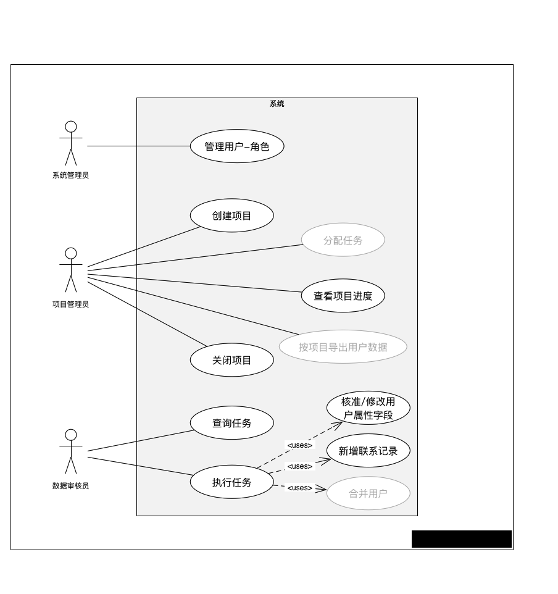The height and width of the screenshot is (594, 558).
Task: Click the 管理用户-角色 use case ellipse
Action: pos(237,146)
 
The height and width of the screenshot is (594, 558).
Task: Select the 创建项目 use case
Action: pos(231,215)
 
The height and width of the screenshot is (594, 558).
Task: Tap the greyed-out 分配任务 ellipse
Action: pos(343,240)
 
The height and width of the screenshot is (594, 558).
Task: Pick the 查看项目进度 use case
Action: pos(343,296)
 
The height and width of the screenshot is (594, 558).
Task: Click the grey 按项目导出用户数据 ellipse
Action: pos(343,347)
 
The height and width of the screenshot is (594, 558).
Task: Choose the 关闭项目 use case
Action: pos(231,360)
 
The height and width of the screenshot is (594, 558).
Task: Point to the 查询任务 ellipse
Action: pos(231,423)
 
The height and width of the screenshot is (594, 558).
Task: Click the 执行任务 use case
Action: pos(231,482)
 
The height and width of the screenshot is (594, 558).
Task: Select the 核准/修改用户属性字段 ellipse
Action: pos(368,408)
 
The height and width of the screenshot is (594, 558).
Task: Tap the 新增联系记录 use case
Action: pos(368,451)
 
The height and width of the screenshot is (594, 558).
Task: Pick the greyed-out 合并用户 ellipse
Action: pos(368,493)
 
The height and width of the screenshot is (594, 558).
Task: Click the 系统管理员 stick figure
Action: pos(71,143)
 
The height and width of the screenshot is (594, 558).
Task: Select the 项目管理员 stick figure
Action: pos(71,270)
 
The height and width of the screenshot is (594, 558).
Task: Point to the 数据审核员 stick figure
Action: pos(71,452)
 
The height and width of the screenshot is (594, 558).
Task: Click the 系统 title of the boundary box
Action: pos(277,104)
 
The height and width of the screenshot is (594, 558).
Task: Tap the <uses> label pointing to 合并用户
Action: pos(300,488)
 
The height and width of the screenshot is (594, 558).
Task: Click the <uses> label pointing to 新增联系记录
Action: pos(300,466)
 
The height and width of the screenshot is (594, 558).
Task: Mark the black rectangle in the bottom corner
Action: pos(462,539)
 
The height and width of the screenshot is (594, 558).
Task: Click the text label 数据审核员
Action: pos(71,486)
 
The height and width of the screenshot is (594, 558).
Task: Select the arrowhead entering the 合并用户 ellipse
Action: pos(322,489)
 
